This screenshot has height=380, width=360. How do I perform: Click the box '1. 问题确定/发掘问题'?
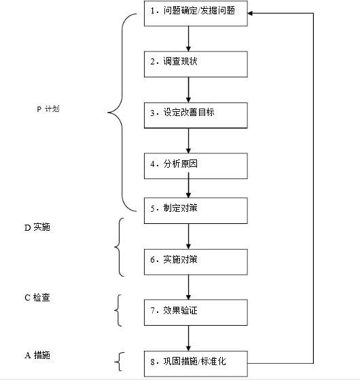coord(196,14)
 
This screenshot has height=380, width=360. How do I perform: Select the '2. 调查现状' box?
coord(196,64)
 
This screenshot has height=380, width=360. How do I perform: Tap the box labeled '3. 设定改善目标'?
coord(196,115)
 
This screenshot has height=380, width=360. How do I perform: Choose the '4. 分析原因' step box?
coord(196,166)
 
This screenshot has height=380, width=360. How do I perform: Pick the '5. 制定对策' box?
coord(196,210)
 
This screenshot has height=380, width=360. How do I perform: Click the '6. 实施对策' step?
coord(196,262)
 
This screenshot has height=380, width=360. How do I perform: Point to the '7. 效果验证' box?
coord(196,312)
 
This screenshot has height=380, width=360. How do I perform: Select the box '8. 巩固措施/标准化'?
coord(196,364)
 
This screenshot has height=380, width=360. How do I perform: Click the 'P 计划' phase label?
coord(48,109)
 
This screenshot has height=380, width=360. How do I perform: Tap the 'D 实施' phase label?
coord(37,227)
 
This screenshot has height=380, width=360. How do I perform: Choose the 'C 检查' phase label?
coord(37,298)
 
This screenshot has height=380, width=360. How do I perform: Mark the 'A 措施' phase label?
coord(37,356)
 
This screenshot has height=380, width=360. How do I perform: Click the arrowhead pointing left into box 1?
coord(250,14)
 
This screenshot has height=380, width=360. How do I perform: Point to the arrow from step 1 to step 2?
coord(189,39)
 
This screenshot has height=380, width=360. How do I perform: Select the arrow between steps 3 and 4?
coord(189,140)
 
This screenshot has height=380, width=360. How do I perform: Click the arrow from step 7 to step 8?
coord(189,338)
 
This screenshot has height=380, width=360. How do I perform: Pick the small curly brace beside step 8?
coord(120,362)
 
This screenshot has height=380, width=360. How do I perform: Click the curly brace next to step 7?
coord(118,311)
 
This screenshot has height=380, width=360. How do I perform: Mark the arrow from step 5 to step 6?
coord(189,236)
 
